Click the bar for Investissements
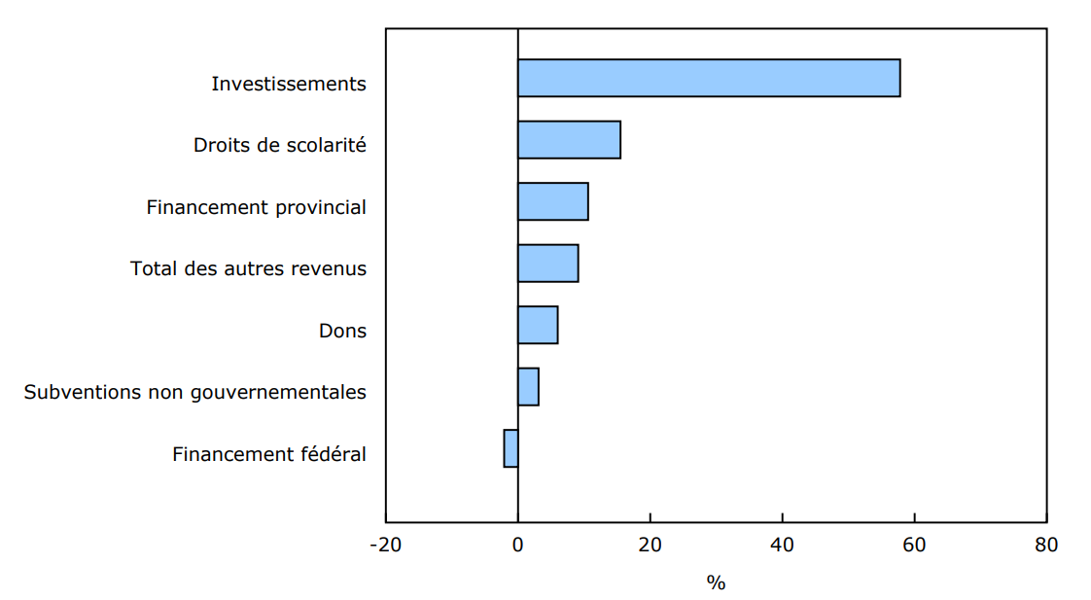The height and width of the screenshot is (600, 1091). coord(708,78)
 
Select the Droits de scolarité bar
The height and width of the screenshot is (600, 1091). coord(569,140)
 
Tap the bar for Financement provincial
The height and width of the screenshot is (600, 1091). coord(552,201)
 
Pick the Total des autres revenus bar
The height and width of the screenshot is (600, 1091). coord(547,264)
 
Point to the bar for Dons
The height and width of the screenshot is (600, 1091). coord(538,325)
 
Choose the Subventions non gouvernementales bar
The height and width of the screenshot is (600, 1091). coord(528,387)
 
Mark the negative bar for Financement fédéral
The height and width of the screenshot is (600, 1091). coord(510,448)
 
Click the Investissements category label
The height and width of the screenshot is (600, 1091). coord(289,84)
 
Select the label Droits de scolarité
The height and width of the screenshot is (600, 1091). coord(280,146)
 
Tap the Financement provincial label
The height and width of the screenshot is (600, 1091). coord(257,207)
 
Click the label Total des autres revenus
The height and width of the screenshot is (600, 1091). coord(248,269)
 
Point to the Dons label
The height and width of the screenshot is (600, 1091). coord(342,331)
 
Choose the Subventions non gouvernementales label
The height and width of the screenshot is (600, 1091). coord(195,393)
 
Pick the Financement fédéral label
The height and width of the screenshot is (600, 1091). coord(269,454)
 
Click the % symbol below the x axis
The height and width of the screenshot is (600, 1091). coord(716,583)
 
